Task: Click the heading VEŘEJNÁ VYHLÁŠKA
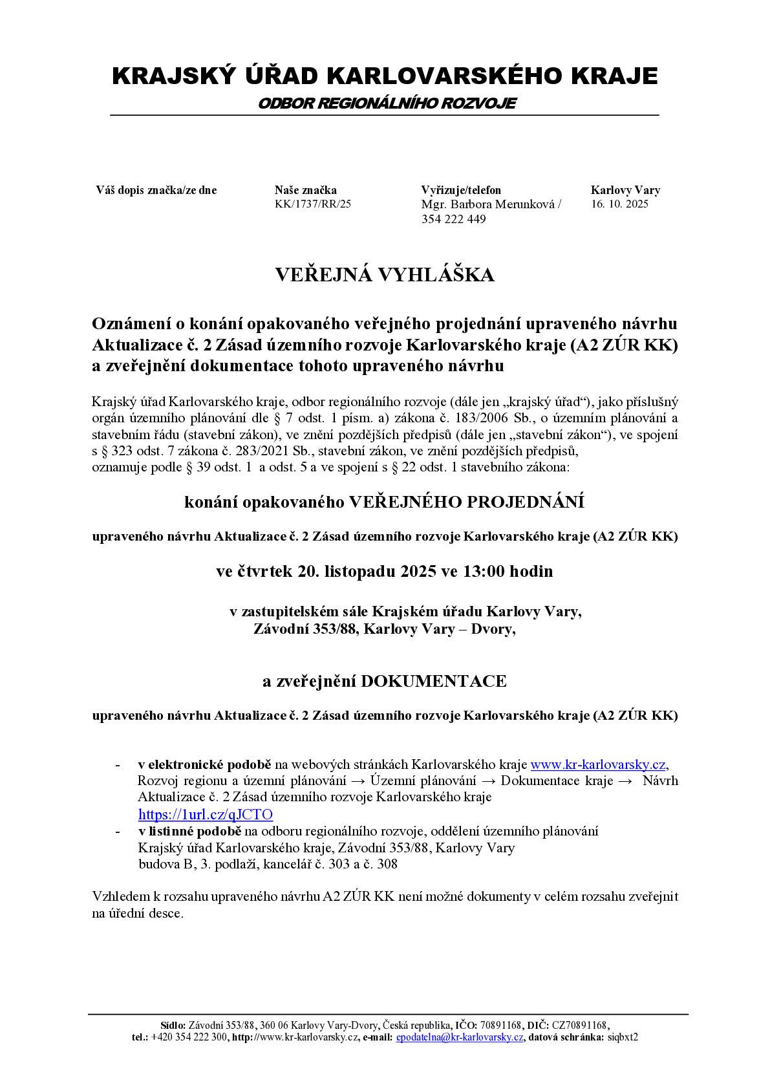pyautogui.click(x=385, y=275)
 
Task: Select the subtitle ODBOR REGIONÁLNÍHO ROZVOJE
pyautogui.click(x=386, y=103)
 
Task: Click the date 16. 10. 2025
pyautogui.click(x=619, y=204)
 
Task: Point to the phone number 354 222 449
pyautogui.click(x=453, y=219)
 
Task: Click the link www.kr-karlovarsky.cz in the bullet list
pyautogui.click(x=598, y=764)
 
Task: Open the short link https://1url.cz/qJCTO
pyautogui.click(x=206, y=814)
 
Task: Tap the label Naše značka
pyautogui.click(x=305, y=190)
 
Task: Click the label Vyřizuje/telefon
pyautogui.click(x=460, y=190)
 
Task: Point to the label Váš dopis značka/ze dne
pyautogui.click(x=156, y=190)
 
